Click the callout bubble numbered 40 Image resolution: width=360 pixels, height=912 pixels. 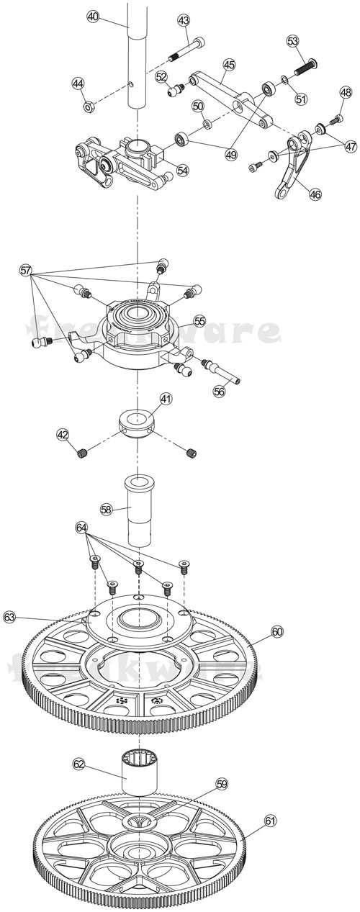tap(93, 17)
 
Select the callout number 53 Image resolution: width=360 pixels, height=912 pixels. tap(293, 41)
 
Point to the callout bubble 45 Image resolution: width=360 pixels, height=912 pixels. tap(229, 65)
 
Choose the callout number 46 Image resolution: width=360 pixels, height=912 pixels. tap(315, 194)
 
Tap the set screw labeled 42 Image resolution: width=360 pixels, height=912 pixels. tap(83, 453)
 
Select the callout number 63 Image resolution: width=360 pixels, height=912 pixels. tap(10, 617)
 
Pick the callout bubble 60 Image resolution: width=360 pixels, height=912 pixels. tap(278, 632)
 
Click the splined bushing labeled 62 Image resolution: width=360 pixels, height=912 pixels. tap(139, 772)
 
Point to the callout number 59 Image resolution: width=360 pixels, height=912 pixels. tap(222, 784)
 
